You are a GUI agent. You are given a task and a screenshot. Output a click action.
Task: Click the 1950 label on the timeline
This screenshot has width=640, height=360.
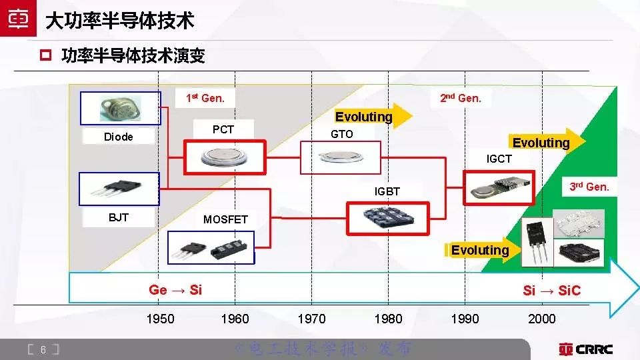[160, 319]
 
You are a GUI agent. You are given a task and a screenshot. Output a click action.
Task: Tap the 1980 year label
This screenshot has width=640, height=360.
[388, 319]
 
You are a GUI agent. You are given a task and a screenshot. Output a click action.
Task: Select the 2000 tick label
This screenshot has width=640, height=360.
[541, 319]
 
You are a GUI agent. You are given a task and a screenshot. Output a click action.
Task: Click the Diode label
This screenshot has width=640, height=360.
[119, 137]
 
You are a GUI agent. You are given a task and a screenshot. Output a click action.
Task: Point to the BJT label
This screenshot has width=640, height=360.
[118, 217]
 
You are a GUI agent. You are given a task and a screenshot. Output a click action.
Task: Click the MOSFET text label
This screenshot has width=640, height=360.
[225, 219]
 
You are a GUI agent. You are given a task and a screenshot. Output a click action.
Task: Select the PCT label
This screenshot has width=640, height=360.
[223, 129]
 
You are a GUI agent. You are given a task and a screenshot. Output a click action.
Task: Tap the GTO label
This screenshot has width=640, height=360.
[342, 134]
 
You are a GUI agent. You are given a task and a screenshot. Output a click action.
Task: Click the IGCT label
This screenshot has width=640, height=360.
[499, 159]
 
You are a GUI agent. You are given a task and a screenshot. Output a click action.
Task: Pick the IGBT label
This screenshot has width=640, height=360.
[387, 191]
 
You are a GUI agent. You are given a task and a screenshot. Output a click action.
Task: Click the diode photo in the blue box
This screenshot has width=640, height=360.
[120, 107]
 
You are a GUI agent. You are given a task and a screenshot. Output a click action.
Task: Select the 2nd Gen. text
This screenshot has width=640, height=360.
[461, 98]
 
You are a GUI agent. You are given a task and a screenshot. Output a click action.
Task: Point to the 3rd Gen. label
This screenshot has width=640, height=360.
[589, 187]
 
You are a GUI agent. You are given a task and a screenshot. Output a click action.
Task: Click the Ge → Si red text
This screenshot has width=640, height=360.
[175, 289]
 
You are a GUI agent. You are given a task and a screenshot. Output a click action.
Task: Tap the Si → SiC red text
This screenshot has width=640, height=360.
[551, 290]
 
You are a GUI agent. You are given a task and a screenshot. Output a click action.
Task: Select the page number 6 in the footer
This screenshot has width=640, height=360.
[43, 349]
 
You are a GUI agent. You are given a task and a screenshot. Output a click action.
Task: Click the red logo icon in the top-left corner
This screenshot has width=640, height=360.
[19, 20]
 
